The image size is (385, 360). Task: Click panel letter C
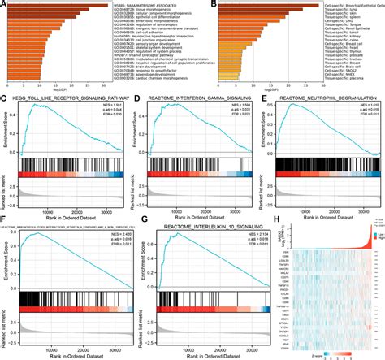[6, 100]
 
